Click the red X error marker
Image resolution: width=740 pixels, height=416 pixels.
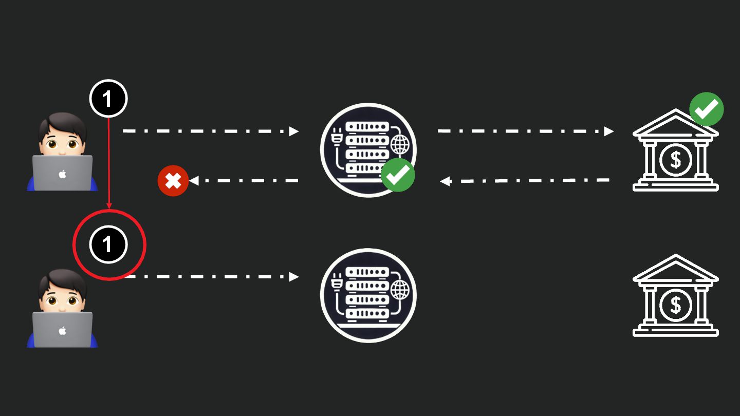pos(173,181)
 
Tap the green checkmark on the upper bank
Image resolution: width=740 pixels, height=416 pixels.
pos(706,109)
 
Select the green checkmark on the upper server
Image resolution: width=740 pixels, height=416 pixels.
pos(398,175)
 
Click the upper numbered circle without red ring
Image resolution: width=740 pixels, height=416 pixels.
pos(108,98)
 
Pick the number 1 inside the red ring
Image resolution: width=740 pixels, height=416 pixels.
pos(108,244)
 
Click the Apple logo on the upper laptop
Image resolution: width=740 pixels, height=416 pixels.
pos(62,174)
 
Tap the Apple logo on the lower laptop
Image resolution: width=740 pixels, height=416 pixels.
pos(62,331)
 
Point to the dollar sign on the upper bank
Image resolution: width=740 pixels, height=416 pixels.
pos(675,160)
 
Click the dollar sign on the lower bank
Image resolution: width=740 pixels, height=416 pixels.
pos(675,306)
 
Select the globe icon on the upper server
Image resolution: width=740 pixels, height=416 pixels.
pos(400,145)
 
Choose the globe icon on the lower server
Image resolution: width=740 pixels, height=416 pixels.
pos(400,290)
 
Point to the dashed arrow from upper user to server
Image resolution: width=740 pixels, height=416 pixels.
pos(211,131)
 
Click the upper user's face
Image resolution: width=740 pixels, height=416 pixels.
pos(61,143)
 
